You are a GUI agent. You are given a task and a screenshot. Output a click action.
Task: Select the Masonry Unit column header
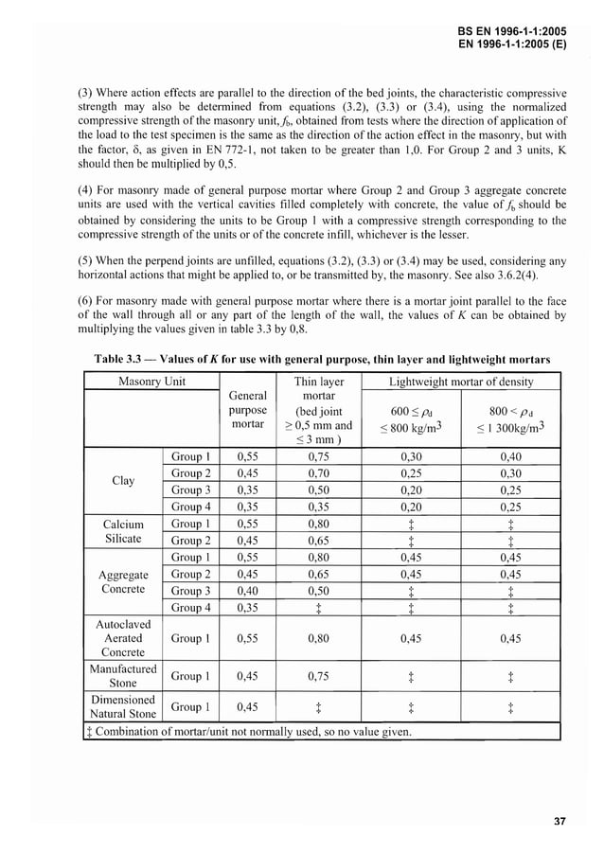pyautogui.click(x=151, y=382)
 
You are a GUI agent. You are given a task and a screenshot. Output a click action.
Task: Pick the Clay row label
pyautogui.click(x=123, y=480)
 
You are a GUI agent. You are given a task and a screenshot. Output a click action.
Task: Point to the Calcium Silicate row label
pyautogui.click(x=123, y=531)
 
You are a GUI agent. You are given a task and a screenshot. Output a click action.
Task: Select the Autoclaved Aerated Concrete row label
pyautogui.click(x=123, y=638)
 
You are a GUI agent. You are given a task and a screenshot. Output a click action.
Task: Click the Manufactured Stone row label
pyautogui.click(x=123, y=675)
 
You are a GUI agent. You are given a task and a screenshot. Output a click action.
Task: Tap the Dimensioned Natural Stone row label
pyautogui.click(x=123, y=706)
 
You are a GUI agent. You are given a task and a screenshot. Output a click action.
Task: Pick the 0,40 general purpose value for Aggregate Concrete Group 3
pyautogui.click(x=248, y=590)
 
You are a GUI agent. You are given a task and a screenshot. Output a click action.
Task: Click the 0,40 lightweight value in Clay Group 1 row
pyautogui.click(x=510, y=455)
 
